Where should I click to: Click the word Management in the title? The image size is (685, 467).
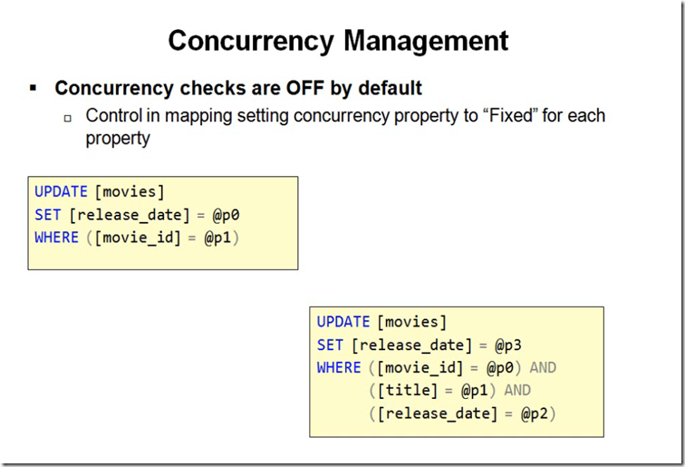pyautogui.click(x=426, y=42)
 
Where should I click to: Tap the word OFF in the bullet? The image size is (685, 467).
pyautogui.click(x=305, y=88)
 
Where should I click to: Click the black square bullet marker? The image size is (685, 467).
pyautogui.click(x=34, y=88)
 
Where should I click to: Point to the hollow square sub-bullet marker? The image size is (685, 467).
pyautogui.click(x=68, y=118)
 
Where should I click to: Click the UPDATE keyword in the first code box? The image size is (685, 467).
pyautogui.click(x=62, y=192)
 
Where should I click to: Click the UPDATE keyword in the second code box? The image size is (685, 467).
pyautogui.click(x=343, y=322)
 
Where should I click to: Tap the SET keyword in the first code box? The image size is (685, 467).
pyautogui.click(x=48, y=215)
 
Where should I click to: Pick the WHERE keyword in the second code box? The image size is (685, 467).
pyautogui.click(x=339, y=367)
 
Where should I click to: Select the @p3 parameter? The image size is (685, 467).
pyautogui.click(x=508, y=345)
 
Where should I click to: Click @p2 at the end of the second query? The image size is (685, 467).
pyautogui.click(x=534, y=413)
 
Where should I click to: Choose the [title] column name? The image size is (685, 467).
pyautogui.click(x=407, y=390)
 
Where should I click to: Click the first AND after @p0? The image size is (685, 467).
pyautogui.click(x=543, y=367)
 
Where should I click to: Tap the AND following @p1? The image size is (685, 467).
pyautogui.click(x=517, y=390)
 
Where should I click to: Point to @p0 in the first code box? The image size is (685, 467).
pyautogui.click(x=226, y=215)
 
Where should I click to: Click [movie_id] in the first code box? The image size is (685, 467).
pyautogui.click(x=138, y=238)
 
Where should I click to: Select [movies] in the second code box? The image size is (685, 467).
pyautogui.click(x=411, y=322)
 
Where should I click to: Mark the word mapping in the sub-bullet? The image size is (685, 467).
pyautogui.click(x=198, y=116)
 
